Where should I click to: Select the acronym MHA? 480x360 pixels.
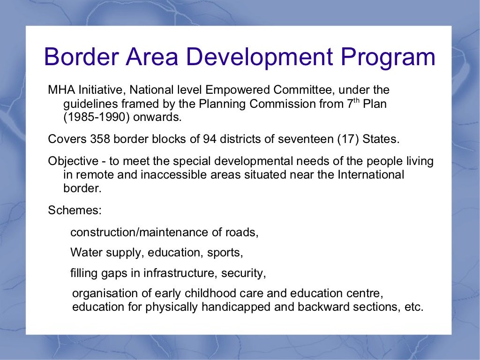59,90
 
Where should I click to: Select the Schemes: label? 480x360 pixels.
75,210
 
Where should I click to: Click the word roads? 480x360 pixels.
243,232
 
